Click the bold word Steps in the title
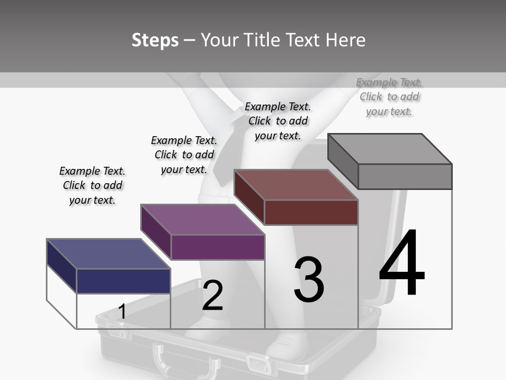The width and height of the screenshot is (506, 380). (155, 40)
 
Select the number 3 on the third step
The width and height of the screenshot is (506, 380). (309, 280)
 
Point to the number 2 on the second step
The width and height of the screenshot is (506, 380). (212, 296)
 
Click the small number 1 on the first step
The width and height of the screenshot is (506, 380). (122, 311)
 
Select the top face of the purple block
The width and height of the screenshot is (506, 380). (202, 220)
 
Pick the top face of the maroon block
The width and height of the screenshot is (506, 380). (296, 185)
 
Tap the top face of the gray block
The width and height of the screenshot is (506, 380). (390, 149)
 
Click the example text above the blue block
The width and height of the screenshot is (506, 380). (92, 185)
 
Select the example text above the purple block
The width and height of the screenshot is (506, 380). (184, 155)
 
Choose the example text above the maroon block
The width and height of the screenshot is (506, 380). (278, 121)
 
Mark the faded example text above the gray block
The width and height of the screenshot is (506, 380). (389, 97)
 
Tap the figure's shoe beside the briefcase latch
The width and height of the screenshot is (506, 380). (287, 346)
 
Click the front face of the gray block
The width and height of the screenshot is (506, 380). (405, 176)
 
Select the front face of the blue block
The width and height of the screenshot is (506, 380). (123, 281)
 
